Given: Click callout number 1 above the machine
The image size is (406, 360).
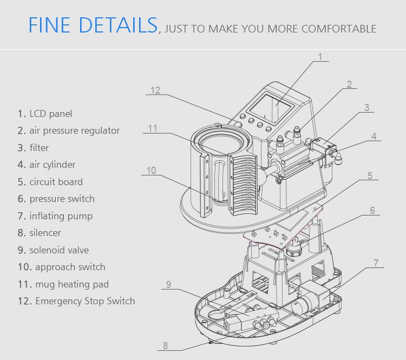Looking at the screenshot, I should pos(320,57).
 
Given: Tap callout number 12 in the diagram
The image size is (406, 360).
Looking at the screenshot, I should pos(155,90).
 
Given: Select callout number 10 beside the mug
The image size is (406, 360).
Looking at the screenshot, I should pos(151,171).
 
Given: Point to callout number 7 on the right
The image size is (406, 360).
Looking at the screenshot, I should pos(376,263).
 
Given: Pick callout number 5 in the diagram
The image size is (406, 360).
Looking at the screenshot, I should pos(370,175).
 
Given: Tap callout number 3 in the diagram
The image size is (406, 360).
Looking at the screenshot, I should pos(366,108).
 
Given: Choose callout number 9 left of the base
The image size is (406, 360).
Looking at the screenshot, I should pos(168,284).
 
